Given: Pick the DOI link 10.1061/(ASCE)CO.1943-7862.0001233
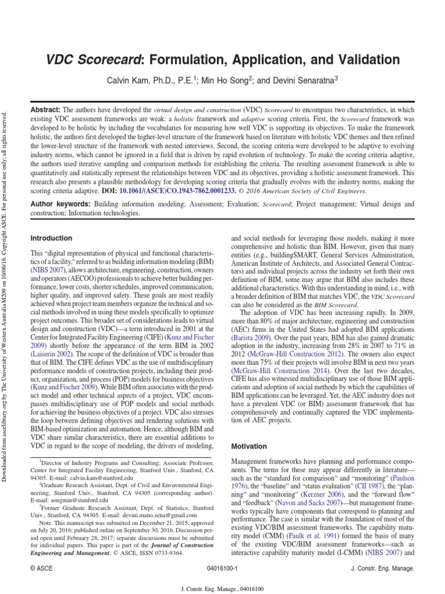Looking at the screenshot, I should point(169,191).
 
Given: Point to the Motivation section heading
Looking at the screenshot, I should point(249,447).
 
